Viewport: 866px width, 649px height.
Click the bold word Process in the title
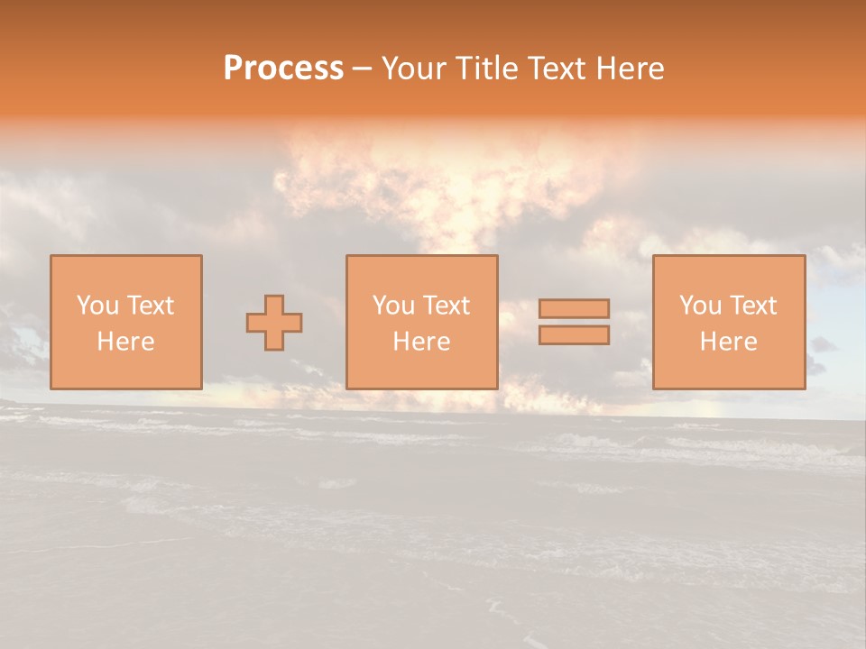coord(283,69)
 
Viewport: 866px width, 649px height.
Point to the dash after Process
coord(362,69)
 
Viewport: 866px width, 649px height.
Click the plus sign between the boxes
coord(274,323)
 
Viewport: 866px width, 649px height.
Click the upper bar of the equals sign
coord(574,308)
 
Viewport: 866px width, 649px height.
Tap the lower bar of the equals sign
coord(574,335)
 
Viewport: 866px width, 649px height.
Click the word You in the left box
coord(97,306)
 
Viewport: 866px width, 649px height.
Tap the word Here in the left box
coord(125,342)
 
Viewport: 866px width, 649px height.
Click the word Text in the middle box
coord(446,306)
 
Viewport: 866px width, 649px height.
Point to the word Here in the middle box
coord(421,342)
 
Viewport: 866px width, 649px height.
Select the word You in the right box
coord(700,306)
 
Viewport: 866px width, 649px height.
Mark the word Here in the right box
coord(728,342)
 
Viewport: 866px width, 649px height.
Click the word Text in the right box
coord(752,306)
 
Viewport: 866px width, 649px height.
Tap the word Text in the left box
coord(150,306)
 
